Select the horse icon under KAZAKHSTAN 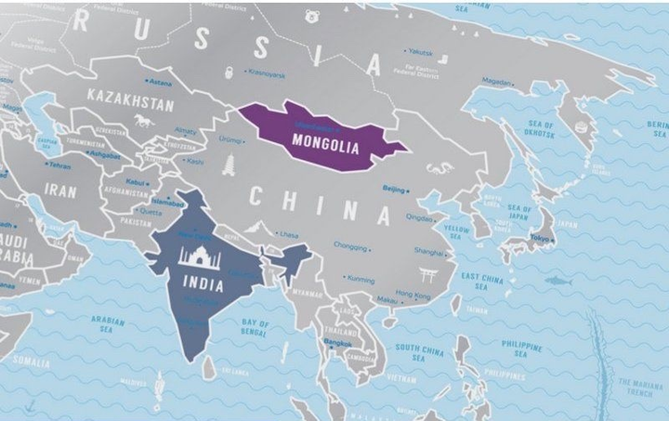point(142,121)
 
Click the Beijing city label point(394,189)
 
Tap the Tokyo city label point(539,238)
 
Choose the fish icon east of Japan point(557,281)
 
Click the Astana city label point(163,83)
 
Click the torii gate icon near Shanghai point(429,275)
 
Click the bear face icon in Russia point(312,17)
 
